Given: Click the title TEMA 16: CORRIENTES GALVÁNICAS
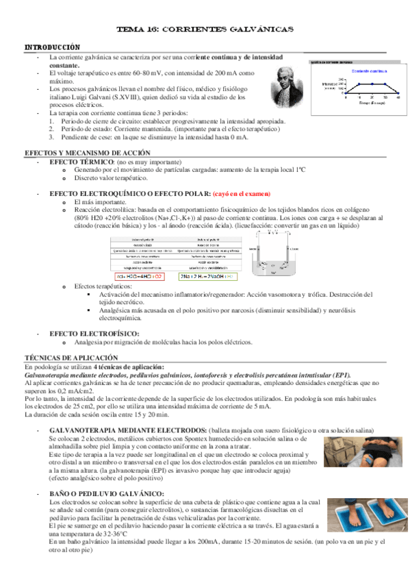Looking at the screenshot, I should pyautogui.click(x=205, y=30).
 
